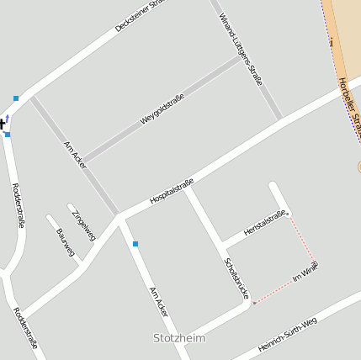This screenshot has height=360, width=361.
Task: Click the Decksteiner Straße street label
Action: [144, 16]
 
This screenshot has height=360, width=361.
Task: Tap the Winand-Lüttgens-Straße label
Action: [241, 49]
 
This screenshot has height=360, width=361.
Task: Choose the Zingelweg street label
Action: [83, 224]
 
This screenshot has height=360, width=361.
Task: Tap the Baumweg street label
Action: [65, 241]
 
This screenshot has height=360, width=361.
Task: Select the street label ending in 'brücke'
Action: [236, 277]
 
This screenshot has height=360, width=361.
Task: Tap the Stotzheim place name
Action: [179, 338]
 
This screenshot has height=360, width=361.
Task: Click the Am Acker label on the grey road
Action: [75, 156]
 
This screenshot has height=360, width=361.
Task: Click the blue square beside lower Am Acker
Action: [135, 244]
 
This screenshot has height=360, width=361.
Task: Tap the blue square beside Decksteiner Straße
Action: [16, 98]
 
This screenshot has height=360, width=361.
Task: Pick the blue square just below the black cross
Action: [8, 135]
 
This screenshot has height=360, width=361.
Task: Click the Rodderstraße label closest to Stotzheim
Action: [26, 327]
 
